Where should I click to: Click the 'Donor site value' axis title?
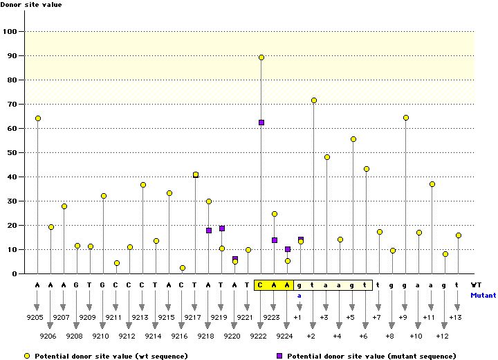(x=31, y=5)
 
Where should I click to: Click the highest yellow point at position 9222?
(x=261, y=57)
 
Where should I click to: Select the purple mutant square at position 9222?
(x=261, y=123)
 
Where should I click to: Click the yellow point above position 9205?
(x=38, y=118)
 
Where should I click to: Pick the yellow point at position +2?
(x=314, y=100)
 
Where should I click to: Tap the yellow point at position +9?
(x=406, y=118)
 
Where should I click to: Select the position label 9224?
(x=284, y=336)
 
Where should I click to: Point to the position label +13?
(x=456, y=317)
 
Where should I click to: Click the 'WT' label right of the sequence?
(x=477, y=285)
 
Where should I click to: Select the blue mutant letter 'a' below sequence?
(x=300, y=295)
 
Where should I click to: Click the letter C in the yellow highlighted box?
(x=261, y=285)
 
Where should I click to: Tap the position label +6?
(x=363, y=336)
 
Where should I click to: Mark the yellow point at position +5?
(x=353, y=139)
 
